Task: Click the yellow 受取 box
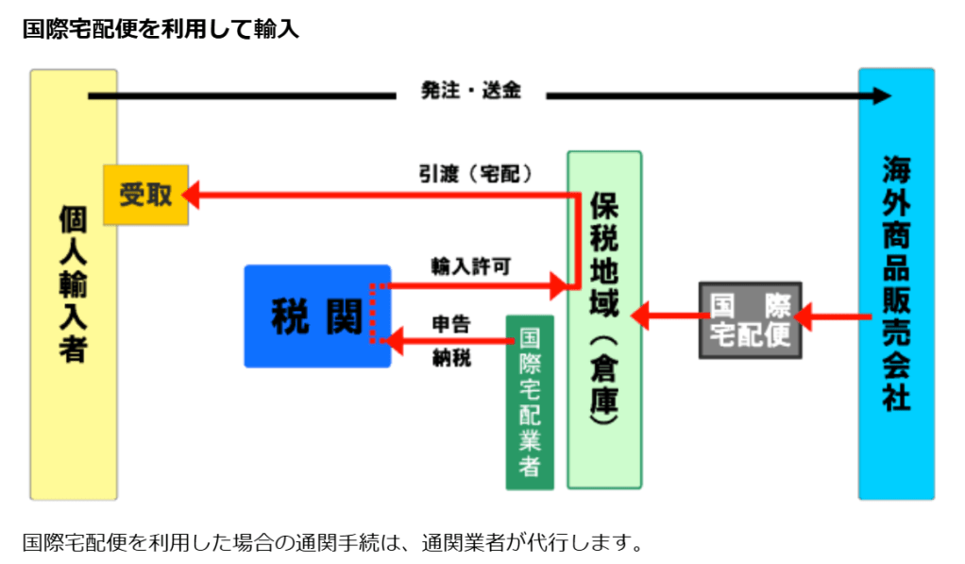pyautogui.click(x=145, y=195)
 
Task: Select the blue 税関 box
pyautogui.click(x=316, y=316)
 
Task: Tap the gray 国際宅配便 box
pyautogui.click(x=750, y=319)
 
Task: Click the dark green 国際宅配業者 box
pyautogui.click(x=530, y=402)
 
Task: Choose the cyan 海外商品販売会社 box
pyautogui.click(x=895, y=283)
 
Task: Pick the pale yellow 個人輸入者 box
pyautogui.click(x=73, y=283)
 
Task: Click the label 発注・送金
pyautogui.click(x=470, y=93)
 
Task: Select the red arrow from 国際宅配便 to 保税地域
pyautogui.click(x=666, y=316)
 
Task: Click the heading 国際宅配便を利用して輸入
pyautogui.click(x=161, y=29)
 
